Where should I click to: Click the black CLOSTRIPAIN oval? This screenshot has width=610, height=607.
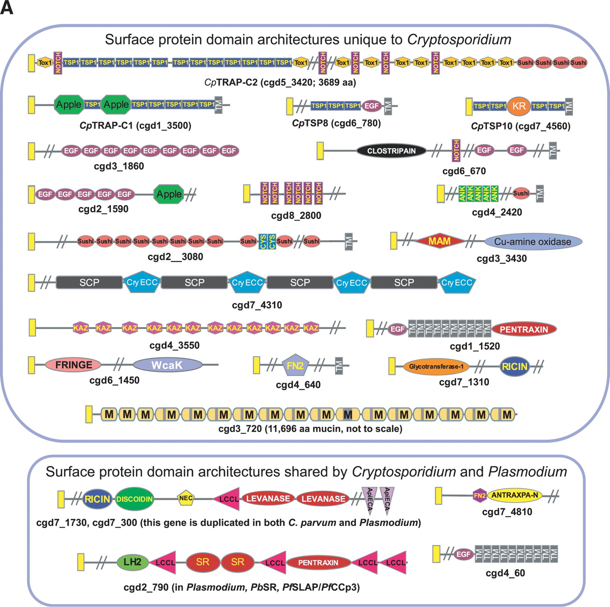click(x=391, y=151)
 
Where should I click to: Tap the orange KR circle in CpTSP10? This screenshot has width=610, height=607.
click(x=519, y=106)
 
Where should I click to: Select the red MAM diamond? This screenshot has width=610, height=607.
click(x=439, y=241)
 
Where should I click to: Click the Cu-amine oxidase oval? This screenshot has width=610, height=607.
click(x=533, y=242)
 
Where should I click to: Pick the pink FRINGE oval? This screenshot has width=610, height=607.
click(x=73, y=365)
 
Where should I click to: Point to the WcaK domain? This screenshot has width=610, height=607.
click(x=167, y=365)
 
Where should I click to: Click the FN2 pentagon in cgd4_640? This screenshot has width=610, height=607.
click(x=295, y=365)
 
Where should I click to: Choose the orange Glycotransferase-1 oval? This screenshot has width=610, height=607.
click(x=436, y=367)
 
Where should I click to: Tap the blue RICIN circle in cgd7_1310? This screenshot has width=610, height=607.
click(x=515, y=367)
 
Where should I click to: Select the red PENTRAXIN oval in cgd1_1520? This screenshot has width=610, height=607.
click(x=524, y=329)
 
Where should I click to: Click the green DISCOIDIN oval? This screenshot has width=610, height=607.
click(x=134, y=499)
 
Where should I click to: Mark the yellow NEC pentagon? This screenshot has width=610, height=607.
click(x=185, y=498)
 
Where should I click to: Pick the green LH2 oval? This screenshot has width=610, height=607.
click(x=132, y=562)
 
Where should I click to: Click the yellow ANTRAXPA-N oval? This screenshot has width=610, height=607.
click(x=515, y=495)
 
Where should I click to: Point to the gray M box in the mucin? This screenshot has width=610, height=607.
click(x=348, y=414)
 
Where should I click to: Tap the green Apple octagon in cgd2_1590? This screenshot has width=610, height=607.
click(x=169, y=194)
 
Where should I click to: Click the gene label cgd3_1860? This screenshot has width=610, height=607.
click(x=119, y=166)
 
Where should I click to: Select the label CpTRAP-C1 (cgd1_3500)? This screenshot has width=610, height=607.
click(x=135, y=125)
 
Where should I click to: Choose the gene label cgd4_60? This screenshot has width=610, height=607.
click(x=505, y=573)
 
